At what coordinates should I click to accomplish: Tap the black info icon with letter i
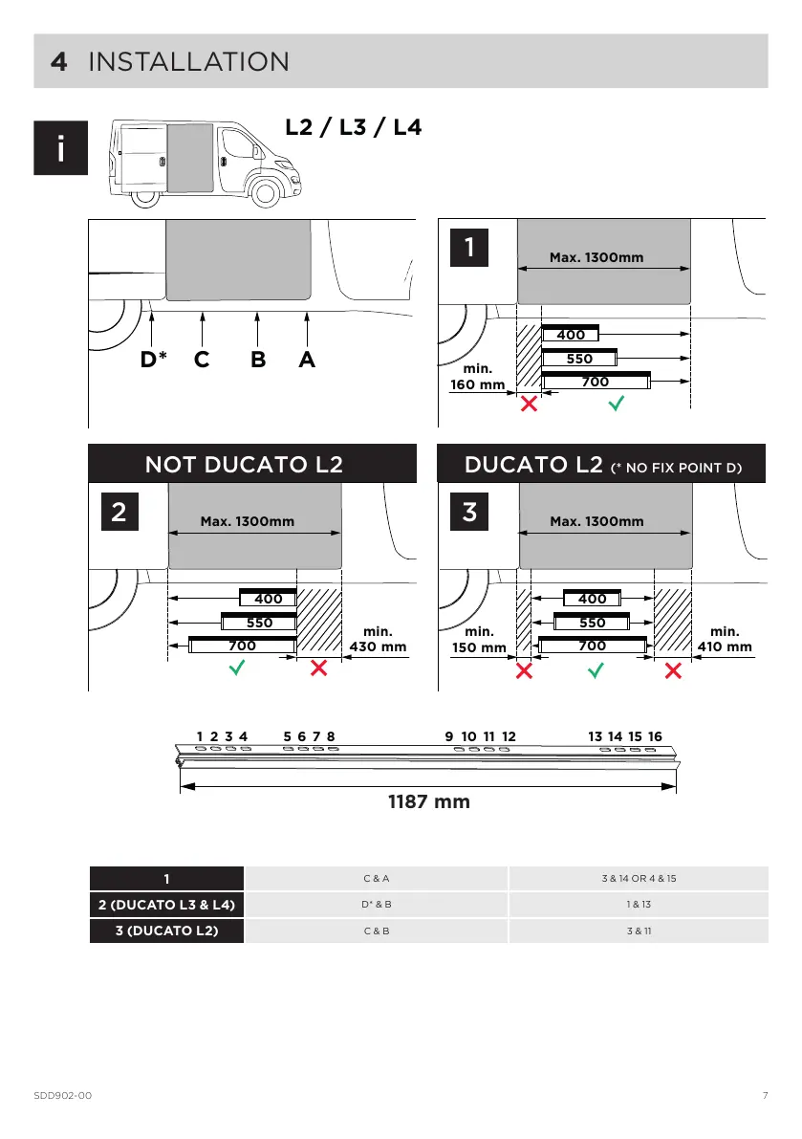(61, 148)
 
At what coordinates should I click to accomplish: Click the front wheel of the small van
(266, 195)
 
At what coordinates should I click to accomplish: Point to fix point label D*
(154, 361)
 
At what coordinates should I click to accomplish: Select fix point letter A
(306, 361)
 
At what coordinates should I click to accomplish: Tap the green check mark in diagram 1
(617, 404)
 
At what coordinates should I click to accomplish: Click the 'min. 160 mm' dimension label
(478, 378)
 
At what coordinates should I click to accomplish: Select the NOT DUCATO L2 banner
(252, 465)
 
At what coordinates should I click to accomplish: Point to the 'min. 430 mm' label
(380, 639)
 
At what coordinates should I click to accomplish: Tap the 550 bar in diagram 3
(592, 623)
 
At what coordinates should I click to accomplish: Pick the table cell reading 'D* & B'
(377, 904)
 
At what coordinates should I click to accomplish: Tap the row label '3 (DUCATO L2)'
(166, 930)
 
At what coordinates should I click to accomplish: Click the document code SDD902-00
(62, 1095)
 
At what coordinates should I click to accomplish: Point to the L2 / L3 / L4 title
(354, 127)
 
